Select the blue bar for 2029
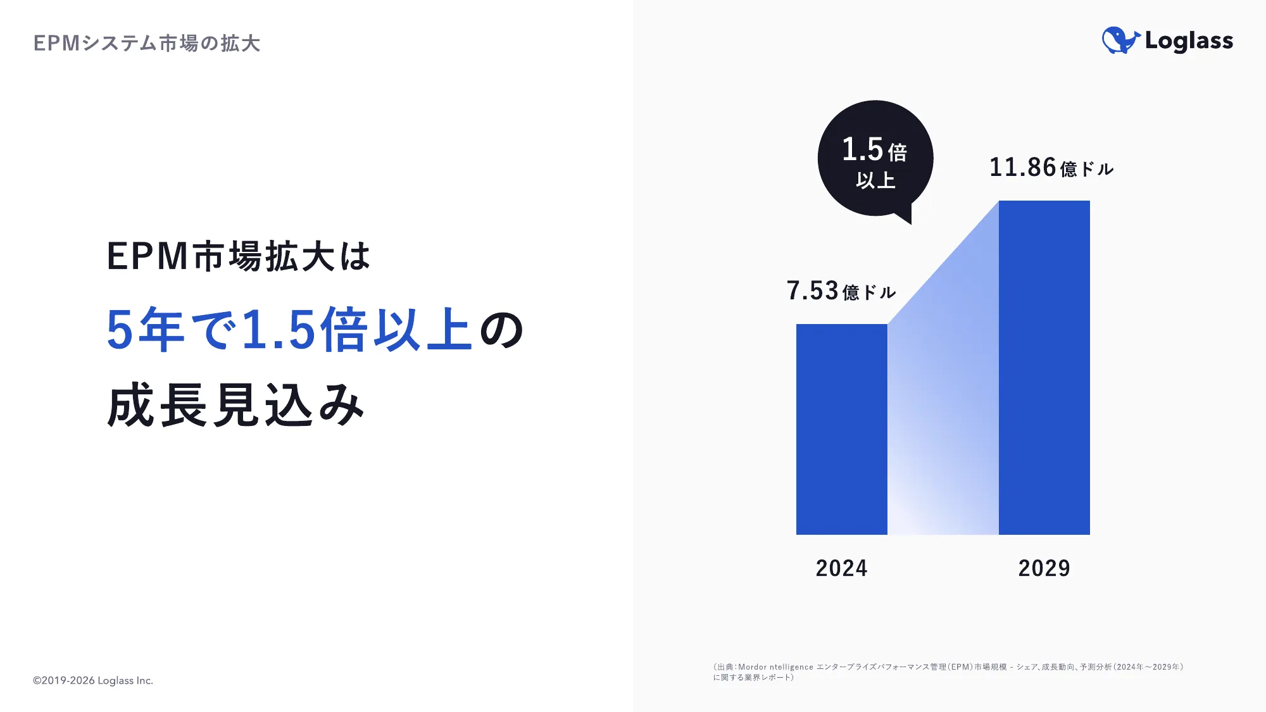point(1044,367)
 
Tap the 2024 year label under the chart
point(841,568)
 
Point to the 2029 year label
point(1044,568)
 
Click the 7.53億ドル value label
point(841,290)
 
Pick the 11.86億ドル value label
point(1051,168)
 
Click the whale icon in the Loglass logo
point(1120,41)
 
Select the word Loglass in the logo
point(1189,41)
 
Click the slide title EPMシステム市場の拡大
point(146,43)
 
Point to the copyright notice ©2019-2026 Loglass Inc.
point(93,680)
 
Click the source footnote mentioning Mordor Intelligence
point(948,671)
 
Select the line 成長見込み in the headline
point(235,405)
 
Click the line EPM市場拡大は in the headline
point(238,256)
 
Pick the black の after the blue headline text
point(501,330)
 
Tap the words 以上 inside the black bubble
point(875,180)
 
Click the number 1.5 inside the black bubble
point(862,149)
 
